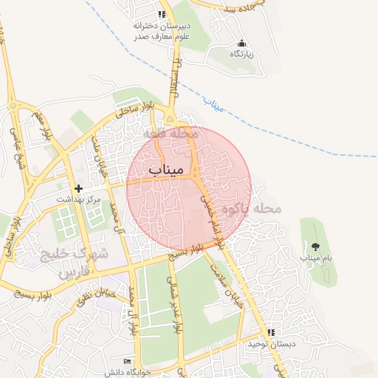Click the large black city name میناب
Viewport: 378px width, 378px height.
pyautogui.click(x=165, y=171)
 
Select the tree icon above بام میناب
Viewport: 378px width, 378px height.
pyautogui.click(x=315, y=247)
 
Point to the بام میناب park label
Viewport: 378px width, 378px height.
pyautogui.click(x=315, y=258)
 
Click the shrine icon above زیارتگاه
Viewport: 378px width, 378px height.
pyautogui.click(x=241, y=43)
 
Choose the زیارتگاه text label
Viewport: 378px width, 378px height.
pyautogui.click(x=241, y=55)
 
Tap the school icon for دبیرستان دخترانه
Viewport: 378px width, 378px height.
pyautogui.click(x=162, y=14)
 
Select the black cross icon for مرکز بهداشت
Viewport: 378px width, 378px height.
pyautogui.click(x=79, y=188)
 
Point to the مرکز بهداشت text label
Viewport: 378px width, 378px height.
pyautogui.click(x=79, y=199)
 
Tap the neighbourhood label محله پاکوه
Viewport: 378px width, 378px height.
pyautogui.click(x=256, y=209)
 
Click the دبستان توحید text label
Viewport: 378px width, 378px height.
pyautogui.click(x=265, y=344)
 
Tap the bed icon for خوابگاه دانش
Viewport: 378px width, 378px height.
pyautogui.click(x=128, y=362)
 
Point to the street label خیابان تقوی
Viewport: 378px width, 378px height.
pyautogui.click(x=97, y=297)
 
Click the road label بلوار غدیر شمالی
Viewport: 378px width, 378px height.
pyautogui.click(x=176, y=303)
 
